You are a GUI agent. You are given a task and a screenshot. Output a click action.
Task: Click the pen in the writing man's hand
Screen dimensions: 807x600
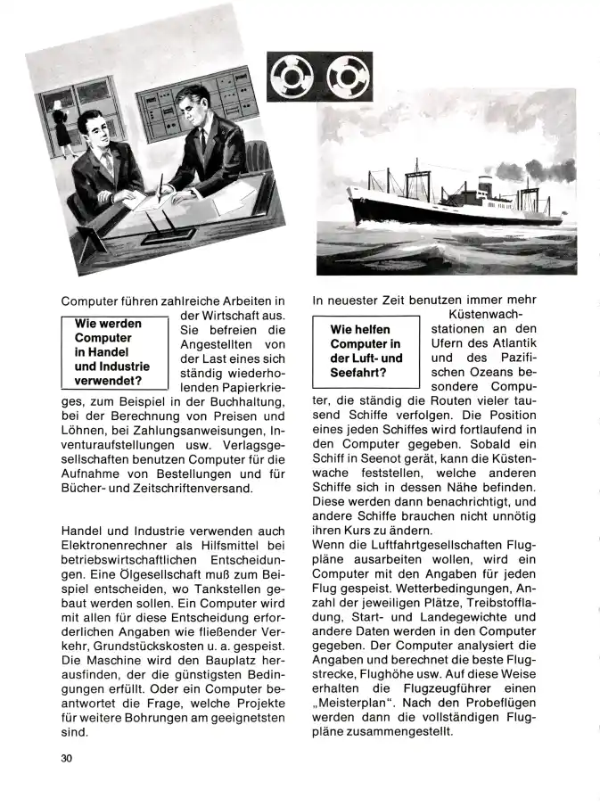161,188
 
